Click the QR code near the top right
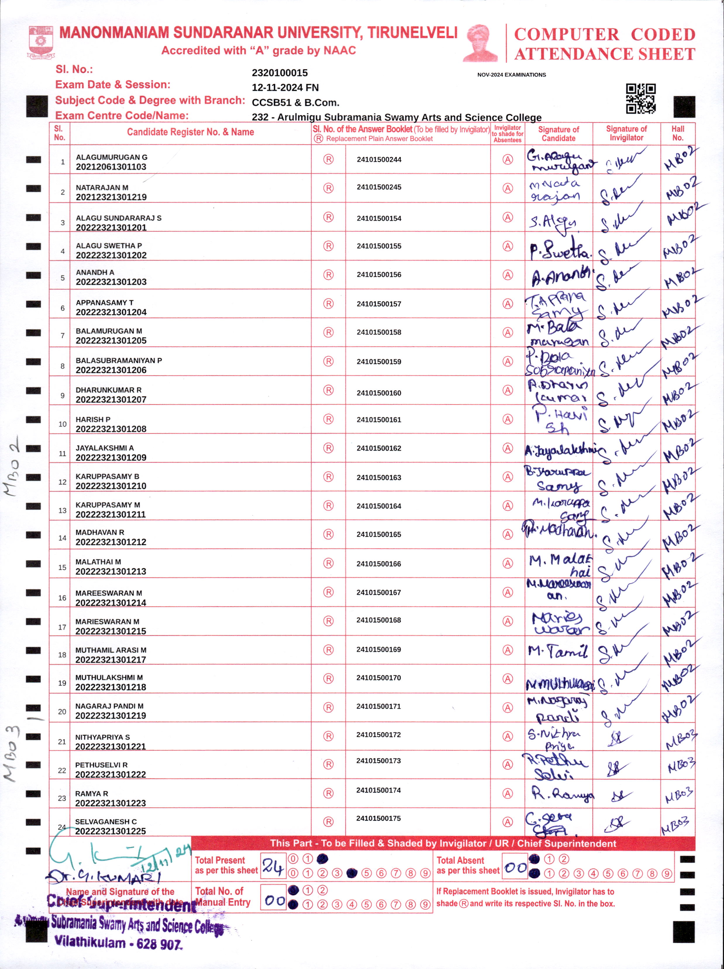640,99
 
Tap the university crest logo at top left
41,42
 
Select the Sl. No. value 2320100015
280,73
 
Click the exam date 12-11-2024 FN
285,87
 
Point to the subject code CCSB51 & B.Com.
295,102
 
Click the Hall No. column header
678,133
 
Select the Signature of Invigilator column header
626,133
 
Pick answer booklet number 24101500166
379,564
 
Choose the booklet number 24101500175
378,818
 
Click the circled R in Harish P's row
328,419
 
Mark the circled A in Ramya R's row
507,793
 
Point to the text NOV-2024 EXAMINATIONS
511,75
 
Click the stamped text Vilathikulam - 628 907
117,943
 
